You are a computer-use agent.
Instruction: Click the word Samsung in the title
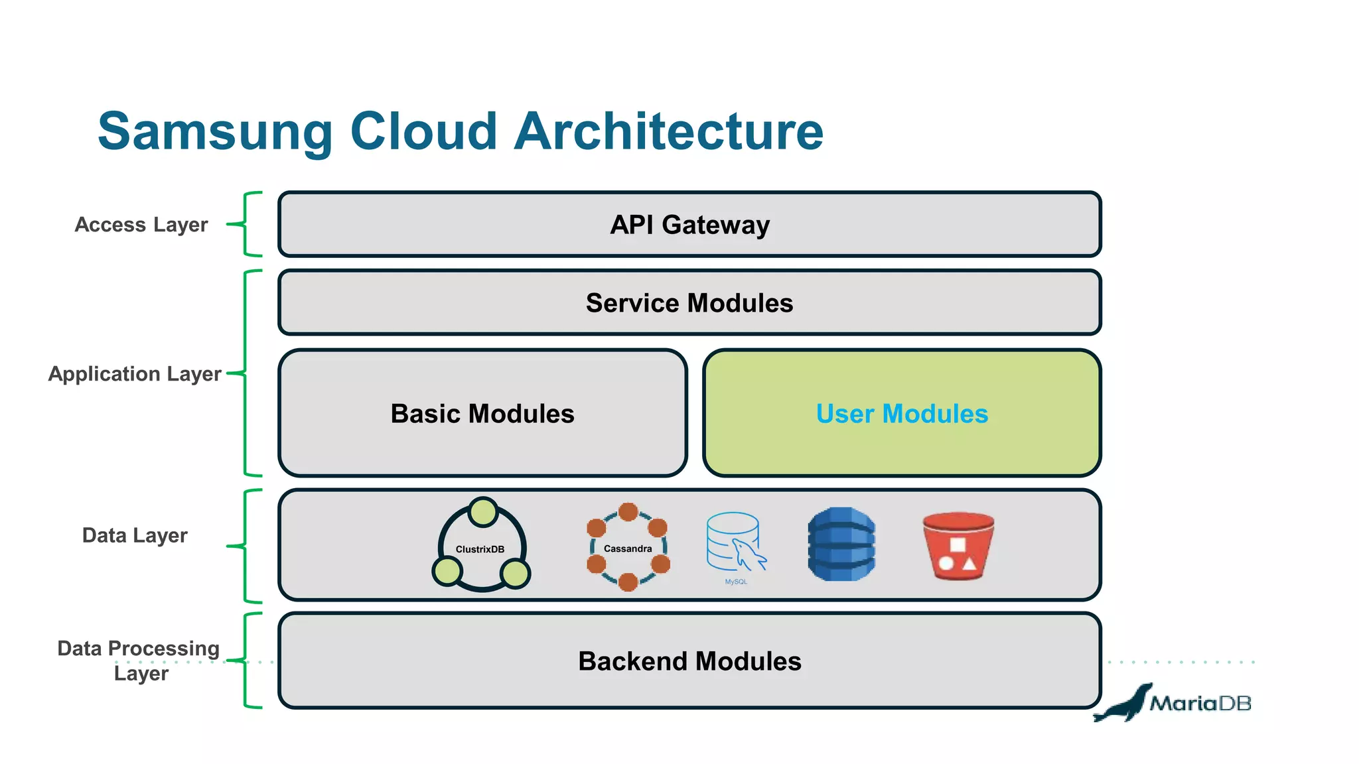tap(214, 132)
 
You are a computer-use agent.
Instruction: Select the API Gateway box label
tap(689, 225)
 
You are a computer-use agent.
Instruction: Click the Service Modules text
tap(689, 303)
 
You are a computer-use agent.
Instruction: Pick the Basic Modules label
tap(482, 414)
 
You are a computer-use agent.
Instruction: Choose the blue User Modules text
tap(902, 414)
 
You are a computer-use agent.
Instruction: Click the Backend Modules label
tap(689, 661)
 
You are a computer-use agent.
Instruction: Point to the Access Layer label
tap(141, 225)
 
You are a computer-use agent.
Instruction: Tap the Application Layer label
tap(135, 374)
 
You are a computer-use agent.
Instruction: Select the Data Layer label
tap(135, 535)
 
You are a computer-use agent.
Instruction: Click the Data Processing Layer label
tap(139, 660)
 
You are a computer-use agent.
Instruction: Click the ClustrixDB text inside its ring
tap(480, 549)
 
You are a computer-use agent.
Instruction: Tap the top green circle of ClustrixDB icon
tap(482, 512)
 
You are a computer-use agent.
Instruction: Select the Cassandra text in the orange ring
tap(628, 548)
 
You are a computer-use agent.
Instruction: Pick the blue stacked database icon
tap(841, 544)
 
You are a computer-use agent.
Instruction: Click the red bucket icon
tap(958, 546)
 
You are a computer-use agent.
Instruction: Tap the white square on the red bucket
tap(958, 545)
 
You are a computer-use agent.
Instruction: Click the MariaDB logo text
tap(1200, 703)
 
